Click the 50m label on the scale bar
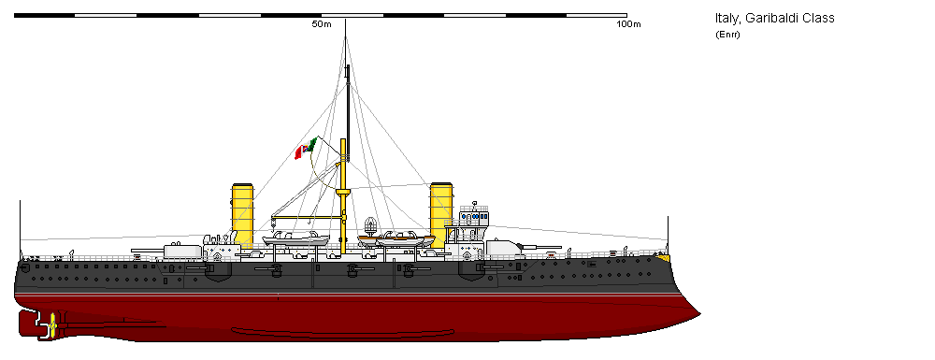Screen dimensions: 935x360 (x=322, y=24)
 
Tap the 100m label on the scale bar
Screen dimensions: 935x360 (x=629, y=24)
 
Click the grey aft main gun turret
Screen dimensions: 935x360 (x=184, y=250)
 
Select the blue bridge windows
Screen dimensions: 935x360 (x=476, y=216)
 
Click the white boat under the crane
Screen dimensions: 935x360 (x=295, y=239)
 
